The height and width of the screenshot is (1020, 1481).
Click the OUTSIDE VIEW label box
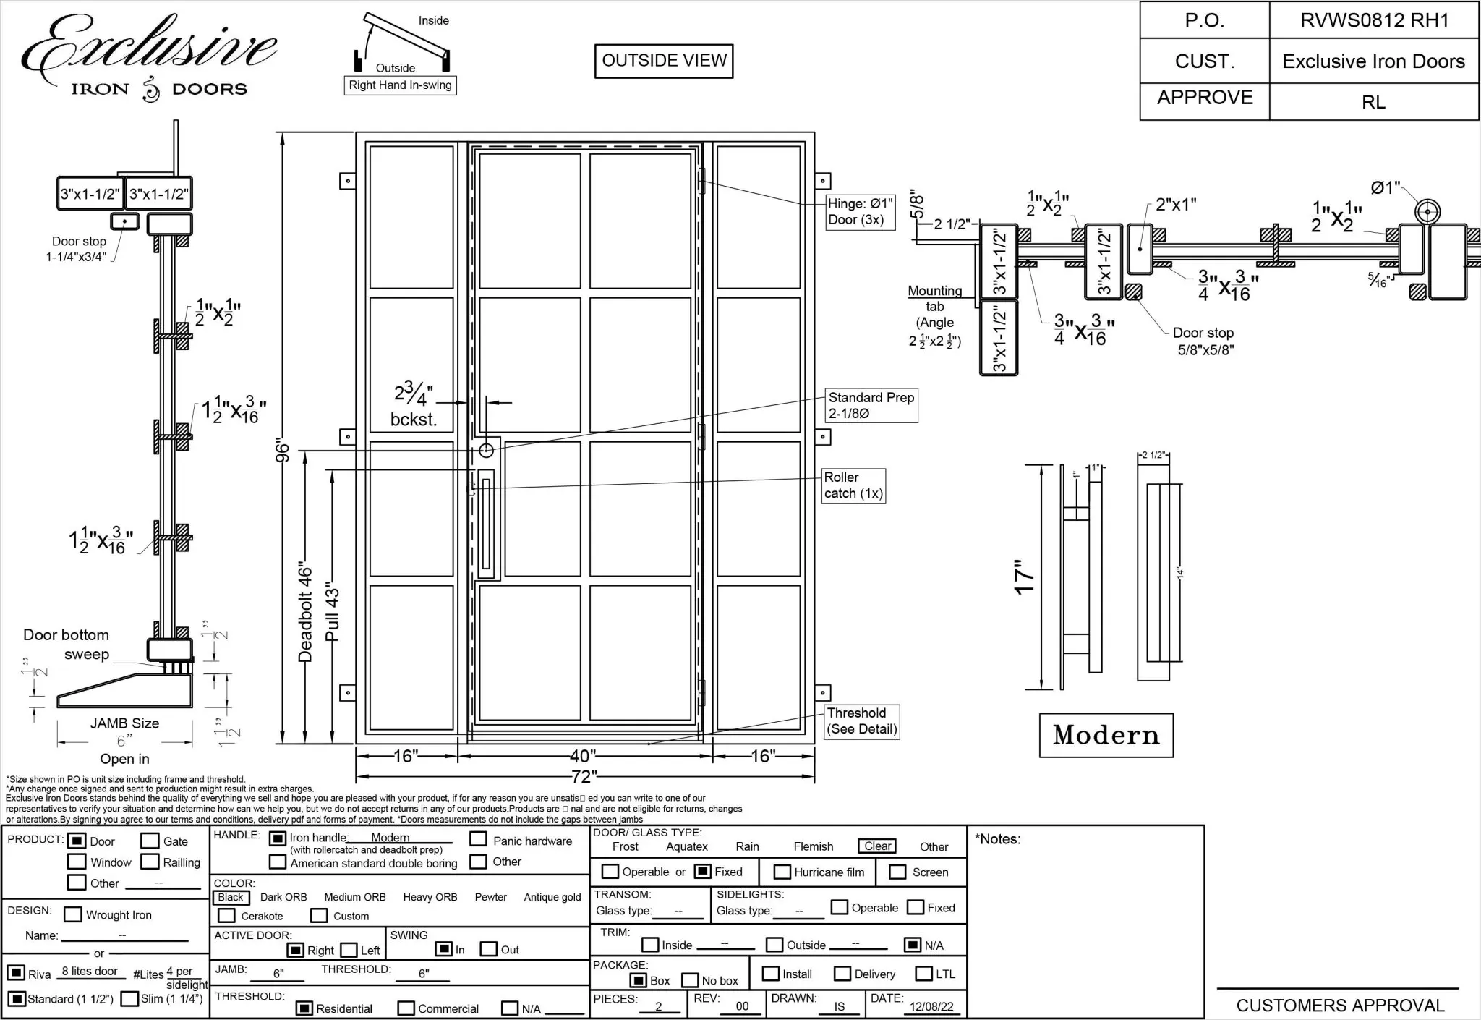coord(664,61)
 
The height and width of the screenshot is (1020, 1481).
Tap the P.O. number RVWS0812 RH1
coord(1374,20)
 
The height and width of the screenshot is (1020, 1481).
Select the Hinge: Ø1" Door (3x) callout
coord(861,212)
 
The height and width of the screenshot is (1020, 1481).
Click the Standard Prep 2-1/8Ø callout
coord(871,406)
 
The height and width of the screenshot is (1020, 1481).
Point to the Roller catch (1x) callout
coord(853,485)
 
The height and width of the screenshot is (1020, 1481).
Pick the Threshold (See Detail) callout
coord(862,721)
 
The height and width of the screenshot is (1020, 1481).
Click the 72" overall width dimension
coord(584,776)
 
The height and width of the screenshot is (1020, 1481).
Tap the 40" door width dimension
coord(583,756)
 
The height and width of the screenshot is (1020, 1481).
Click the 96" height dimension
coord(283,452)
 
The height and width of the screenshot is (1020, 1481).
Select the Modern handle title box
coord(1106,735)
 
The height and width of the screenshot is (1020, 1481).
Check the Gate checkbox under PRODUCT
coord(150,841)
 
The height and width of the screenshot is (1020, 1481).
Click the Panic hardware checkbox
coord(478,839)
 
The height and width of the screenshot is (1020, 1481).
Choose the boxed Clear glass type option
coord(877,846)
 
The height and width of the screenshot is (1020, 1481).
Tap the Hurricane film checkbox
coord(782,872)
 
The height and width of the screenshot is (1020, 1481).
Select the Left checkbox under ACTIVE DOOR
coord(349,950)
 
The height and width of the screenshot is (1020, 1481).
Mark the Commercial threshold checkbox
coord(406,1008)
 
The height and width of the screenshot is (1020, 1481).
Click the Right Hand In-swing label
coord(400,85)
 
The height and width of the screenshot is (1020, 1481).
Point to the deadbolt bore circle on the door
coord(486,451)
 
